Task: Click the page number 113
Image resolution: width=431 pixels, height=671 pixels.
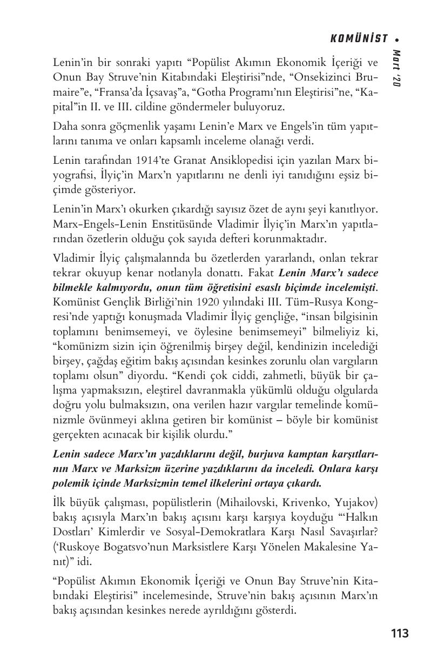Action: (400, 633)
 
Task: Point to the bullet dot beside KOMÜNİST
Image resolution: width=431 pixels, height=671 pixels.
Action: (397, 39)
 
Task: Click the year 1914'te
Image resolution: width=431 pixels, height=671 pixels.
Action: (148, 161)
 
